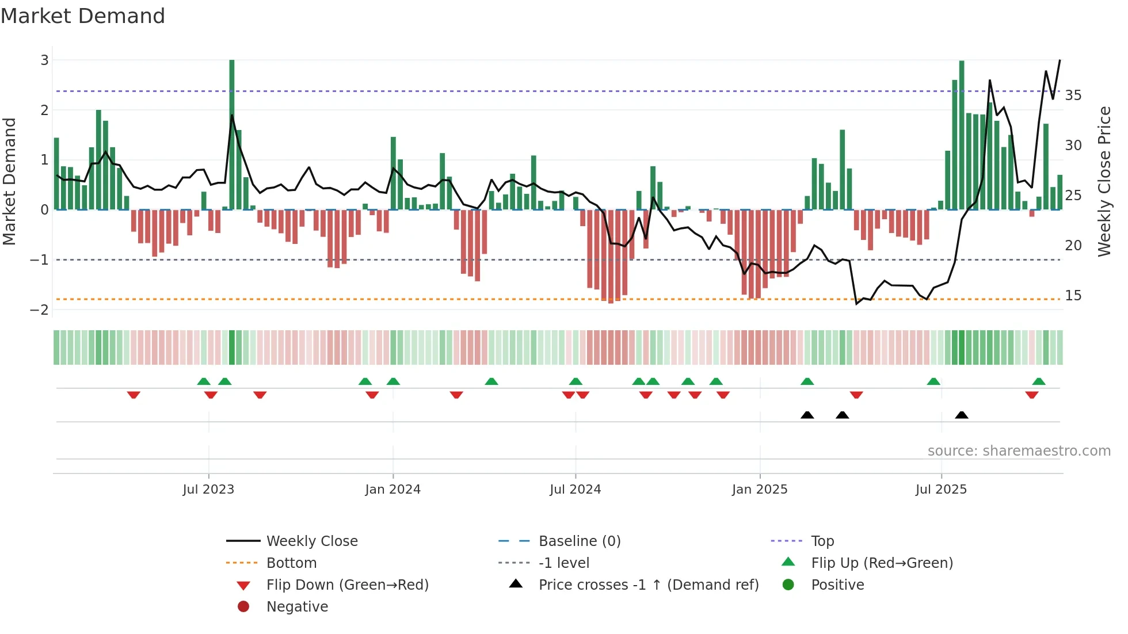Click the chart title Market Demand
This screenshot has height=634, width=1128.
click(83, 16)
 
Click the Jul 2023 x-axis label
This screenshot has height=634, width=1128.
click(208, 490)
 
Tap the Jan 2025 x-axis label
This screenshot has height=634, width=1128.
click(760, 490)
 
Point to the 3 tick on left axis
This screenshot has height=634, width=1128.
click(44, 60)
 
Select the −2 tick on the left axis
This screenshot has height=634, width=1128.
click(40, 310)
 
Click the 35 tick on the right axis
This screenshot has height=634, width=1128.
click(1073, 95)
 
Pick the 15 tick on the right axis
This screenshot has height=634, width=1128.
click(1073, 296)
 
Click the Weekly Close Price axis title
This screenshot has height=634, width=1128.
click(1104, 181)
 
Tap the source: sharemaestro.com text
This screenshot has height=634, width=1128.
click(1019, 451)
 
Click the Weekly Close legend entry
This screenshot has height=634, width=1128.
click(311, 541)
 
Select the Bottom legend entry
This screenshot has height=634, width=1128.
click(291, 563)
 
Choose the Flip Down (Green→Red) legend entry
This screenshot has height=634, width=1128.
click(347, 585)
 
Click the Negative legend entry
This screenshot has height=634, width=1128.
click(297, 607)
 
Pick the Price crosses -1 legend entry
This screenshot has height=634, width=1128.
click(648, 585)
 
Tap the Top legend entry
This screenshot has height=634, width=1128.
click(822, 541)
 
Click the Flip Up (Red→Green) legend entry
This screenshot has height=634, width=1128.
click(882, 563)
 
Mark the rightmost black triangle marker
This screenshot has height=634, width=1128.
click(961, 415)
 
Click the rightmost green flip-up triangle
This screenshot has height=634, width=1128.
click(1039, 381)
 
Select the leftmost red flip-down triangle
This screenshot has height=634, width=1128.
click(134, 395)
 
